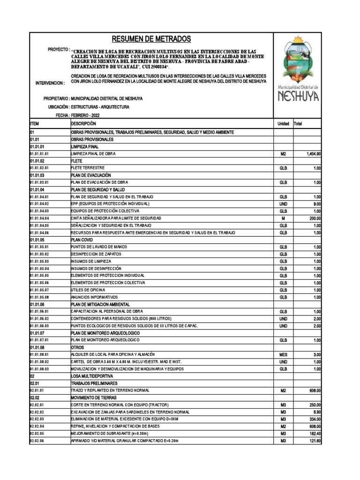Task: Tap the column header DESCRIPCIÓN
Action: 83,123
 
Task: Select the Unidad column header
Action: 283,123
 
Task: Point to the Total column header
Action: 298,123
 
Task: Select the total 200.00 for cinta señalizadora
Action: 313,218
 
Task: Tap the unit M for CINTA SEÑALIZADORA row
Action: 283,218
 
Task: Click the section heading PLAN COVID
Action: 83,240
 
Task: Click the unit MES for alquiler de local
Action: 283,355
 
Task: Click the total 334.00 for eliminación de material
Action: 314,419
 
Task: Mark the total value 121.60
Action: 314,441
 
